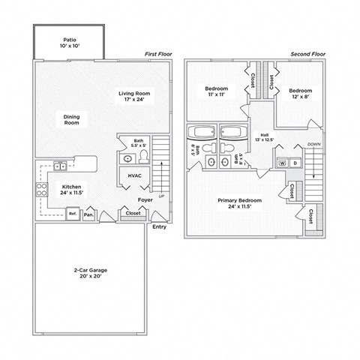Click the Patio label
(x=69, y=42)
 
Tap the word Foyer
(x=145, y=200)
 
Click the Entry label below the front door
(x=159, y=226)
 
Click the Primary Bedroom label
(x=238, y=204)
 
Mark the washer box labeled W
(x=283, y=163)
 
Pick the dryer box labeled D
(x=295, y=163)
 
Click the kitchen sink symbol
(x=60, y=166)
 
